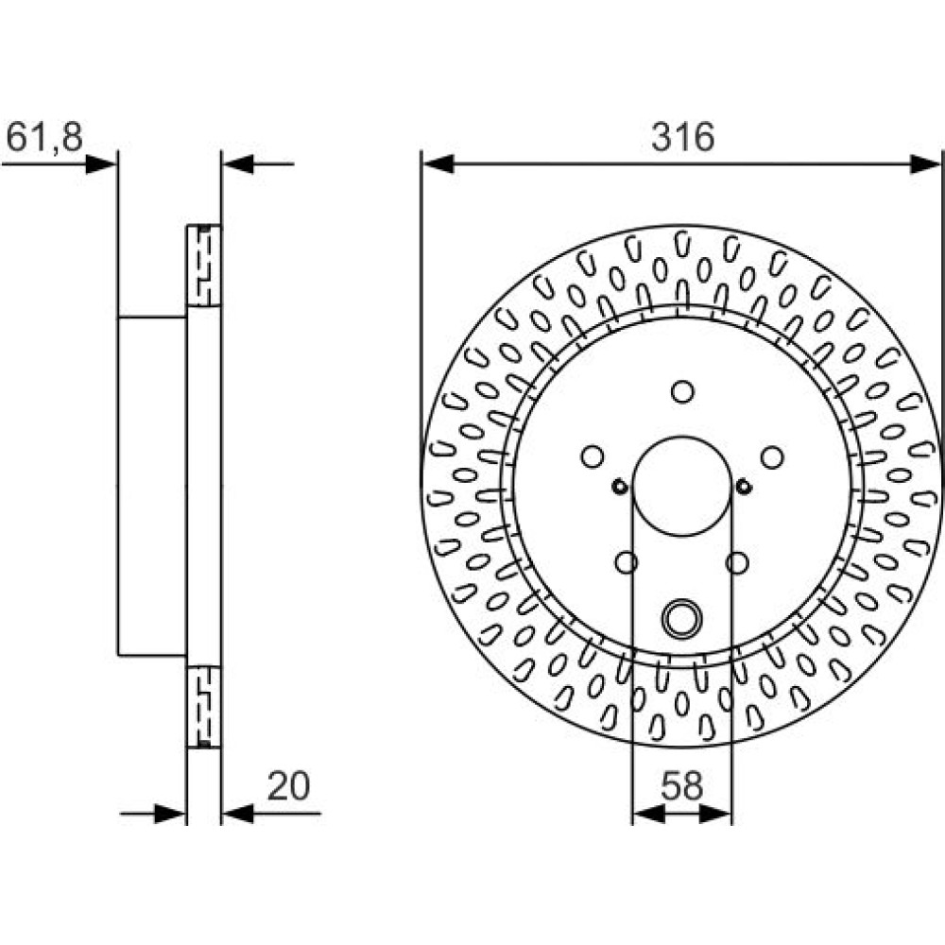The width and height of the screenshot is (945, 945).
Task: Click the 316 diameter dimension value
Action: [x=682, y=137]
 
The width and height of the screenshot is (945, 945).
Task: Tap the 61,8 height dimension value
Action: [x=44, y=137]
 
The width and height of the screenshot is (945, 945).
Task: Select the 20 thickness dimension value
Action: [x=288, y=786]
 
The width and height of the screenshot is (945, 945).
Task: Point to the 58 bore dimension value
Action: [x=681, y=786]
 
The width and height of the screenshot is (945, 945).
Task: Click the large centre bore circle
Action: [x=633, y=486]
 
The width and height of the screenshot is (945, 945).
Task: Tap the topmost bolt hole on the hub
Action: [x=682, y=392]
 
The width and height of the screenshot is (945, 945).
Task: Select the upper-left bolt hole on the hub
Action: [x=593, y=456]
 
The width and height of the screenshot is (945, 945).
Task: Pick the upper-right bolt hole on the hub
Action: [x=772, y=456]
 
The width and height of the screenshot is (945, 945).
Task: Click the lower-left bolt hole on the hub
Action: [x=627, y=563]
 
